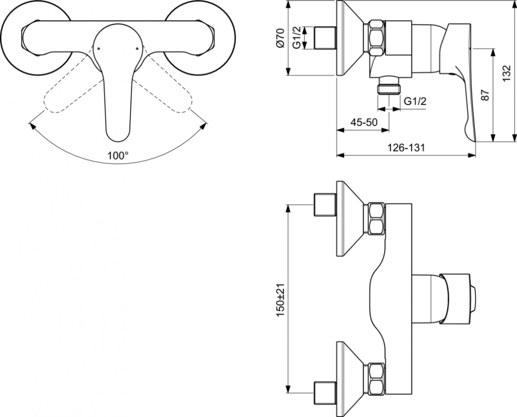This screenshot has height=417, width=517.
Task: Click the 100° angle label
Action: (118, 155)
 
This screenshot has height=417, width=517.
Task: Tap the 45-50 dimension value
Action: (363, 123)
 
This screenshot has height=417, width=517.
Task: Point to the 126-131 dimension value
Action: (405, 147)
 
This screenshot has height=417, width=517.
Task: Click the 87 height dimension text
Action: (485, 95)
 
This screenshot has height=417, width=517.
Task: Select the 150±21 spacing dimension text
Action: (280, 300)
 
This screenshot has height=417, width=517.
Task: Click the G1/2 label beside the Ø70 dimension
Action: (296, 38)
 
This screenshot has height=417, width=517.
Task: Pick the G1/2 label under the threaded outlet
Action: (415, 101)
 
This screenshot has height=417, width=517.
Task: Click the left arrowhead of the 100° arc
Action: (32, 126)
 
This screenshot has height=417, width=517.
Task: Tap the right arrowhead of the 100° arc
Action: (205, 126)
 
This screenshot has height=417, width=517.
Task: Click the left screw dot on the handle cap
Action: (99, 49)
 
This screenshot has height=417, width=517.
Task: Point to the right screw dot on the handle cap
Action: (137, 49)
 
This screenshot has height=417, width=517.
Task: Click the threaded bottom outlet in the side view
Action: (389, 86)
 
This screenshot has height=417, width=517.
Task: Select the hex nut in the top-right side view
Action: (376, 38)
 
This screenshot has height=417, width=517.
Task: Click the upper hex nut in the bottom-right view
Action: (376, 219)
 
